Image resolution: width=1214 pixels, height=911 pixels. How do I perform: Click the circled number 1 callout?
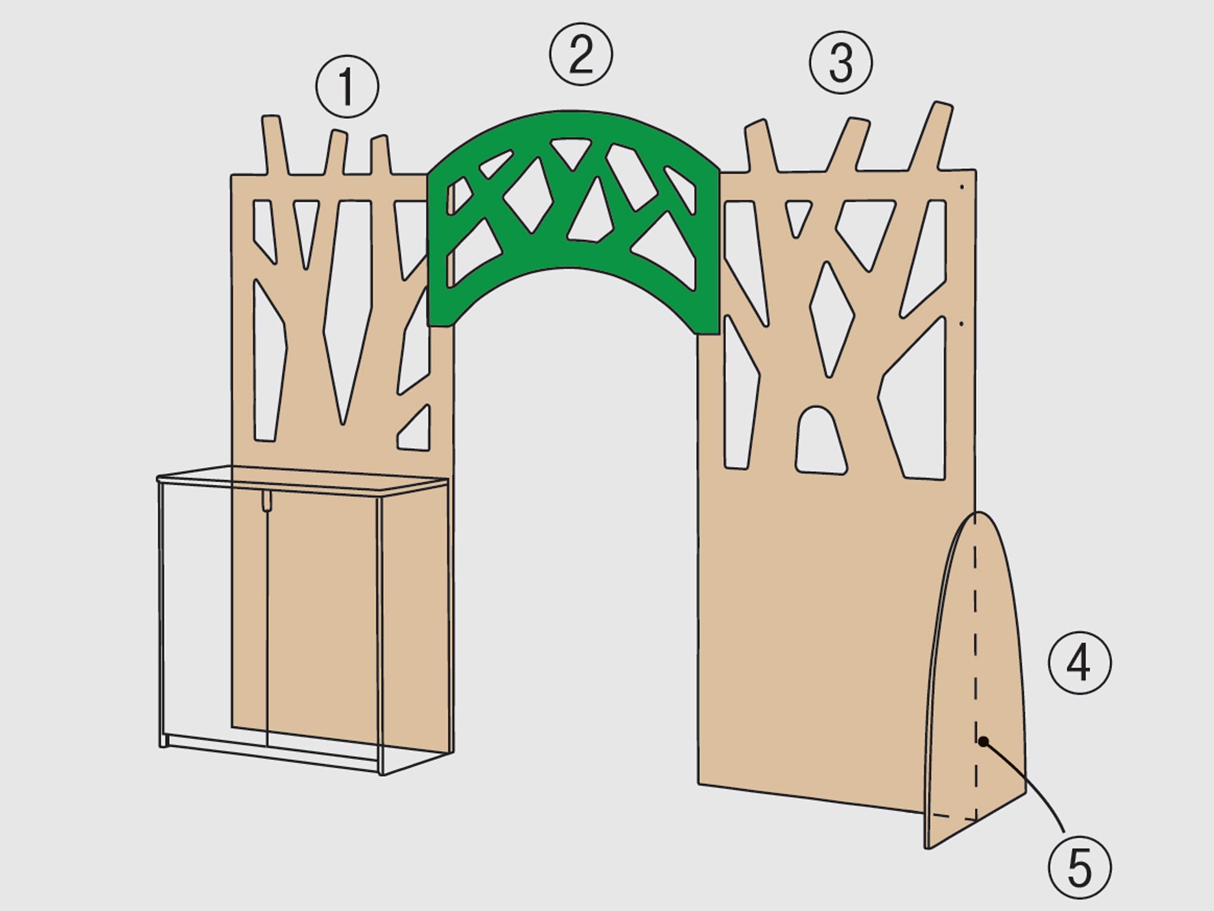coord(347,87)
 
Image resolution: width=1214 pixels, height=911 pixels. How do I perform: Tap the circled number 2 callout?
coord(581,55)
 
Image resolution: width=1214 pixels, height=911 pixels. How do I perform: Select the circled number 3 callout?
coord(841,63)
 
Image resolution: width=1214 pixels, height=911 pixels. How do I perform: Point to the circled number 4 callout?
coord(1080,663)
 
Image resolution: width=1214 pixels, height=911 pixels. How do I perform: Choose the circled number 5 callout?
coord(1080,867)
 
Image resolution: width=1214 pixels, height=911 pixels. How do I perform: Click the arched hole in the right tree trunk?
coord(821,442)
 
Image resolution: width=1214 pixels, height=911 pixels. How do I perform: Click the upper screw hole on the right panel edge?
coord(961,187)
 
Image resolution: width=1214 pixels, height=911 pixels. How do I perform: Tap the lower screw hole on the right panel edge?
coord(961,324)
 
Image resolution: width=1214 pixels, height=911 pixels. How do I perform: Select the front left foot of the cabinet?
coord(163,740)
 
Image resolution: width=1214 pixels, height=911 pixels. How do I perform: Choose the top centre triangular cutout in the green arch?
coord(570,152)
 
